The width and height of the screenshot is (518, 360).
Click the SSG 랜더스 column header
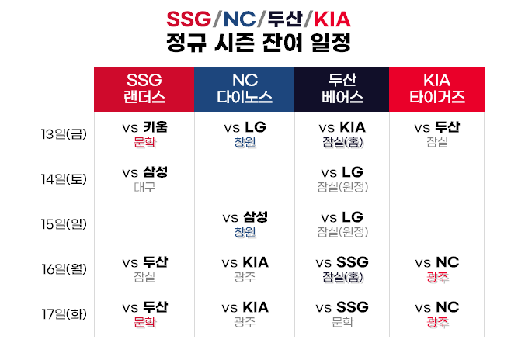pyautogui.click(x=144, y=89)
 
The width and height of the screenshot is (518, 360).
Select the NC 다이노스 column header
pyautogui.click(x=244, y=89)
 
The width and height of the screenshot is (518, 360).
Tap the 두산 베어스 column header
pyautogui.click(x=342, y=89)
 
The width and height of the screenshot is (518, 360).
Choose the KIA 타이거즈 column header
pyautogui.click(x=436, y=89)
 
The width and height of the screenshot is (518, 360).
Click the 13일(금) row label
pyautogui.click(x=64, y=133)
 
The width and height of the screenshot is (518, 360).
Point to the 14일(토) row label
pyautogui.click(x=64, y=178)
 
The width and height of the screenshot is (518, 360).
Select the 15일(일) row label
pyautogui.click(x=64, y=224)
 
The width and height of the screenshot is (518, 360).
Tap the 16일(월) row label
pyautogui.click(x=64, y=269)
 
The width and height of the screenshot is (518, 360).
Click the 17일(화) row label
pyautogui.click(x=64, y=314)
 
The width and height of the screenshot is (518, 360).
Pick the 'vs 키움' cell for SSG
pyautogui.click(x=144, y=133)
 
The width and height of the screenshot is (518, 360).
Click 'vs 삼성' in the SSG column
pyautogui.click(x=144, y=178)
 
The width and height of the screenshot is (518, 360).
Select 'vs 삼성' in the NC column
pyautogui.click(x=244, y=223)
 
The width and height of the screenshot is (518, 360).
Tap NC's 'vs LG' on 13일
pyautogui.click(x=244, y=133)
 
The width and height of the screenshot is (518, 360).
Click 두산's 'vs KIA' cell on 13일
pyautogui.click(x=342, y=133)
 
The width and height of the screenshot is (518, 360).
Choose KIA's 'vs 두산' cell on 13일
pyautogui.click(x=436, y=133)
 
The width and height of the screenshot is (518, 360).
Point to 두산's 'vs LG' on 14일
pyautogui.click(x=342, y=178)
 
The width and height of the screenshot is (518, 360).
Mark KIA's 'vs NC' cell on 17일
pyautogui.click(x=436, y=314)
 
